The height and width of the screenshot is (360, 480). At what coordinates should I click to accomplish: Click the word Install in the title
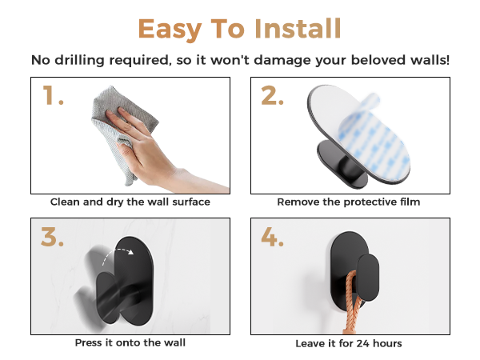click(298, 28)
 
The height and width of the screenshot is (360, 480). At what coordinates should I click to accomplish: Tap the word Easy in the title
click(170, 30)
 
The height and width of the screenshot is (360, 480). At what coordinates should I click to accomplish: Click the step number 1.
click(53, 95)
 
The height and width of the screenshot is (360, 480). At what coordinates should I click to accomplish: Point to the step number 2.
click(272, 95)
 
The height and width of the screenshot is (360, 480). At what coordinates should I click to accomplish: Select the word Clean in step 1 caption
click(65, 202)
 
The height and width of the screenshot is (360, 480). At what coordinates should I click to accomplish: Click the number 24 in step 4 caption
click(362, 343)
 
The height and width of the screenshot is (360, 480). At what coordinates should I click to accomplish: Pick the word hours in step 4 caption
click(387, 343)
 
